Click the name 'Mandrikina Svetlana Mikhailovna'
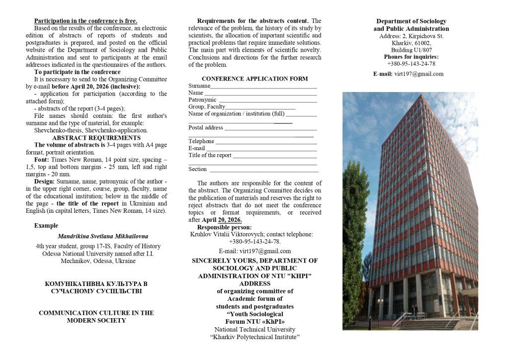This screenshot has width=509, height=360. (102, 236)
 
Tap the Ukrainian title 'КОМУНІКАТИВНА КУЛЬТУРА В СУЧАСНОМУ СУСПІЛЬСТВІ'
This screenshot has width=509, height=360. (96, 287)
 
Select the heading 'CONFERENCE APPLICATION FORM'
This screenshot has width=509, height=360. (254, 79)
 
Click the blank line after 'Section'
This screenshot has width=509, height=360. (264, 170)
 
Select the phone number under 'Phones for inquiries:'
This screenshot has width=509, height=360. (411, 64)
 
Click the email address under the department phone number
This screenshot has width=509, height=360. (419, 74)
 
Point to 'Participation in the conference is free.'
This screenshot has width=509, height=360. (85, 21)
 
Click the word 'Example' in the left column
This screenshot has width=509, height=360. (46, 225)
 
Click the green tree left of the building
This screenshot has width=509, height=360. (355, 239)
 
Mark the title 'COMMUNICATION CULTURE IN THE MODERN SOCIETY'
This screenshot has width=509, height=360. (96, 316)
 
